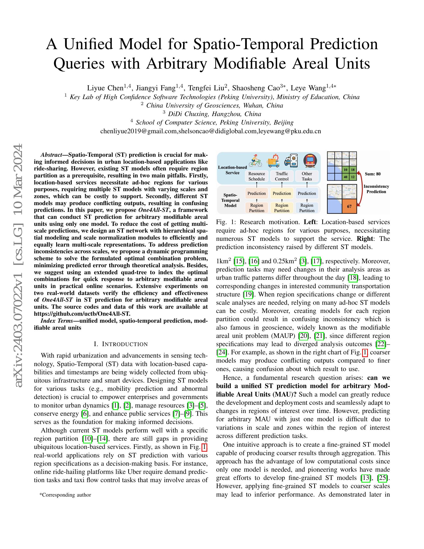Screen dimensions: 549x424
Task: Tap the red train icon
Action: coord(310,161)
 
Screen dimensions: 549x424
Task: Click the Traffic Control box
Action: coord(282,176)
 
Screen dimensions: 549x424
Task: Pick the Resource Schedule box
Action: coord(256,176)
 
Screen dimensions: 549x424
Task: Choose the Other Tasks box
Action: coord(307,176)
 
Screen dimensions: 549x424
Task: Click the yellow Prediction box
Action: coord(282,193)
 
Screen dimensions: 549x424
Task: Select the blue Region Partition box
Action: coord(307,208)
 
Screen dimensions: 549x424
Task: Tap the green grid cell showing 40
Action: coord(346,177)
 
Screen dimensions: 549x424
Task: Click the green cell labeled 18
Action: coord(353,170)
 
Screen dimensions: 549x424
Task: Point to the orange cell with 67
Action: coord(349,206)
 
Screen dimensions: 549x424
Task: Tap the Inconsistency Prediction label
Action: coord(376,189)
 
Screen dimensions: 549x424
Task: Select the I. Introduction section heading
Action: coord(120,344)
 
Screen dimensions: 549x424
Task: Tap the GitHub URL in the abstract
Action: coord(82,314)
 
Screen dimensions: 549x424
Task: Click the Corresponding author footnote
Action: coord(65,495)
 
